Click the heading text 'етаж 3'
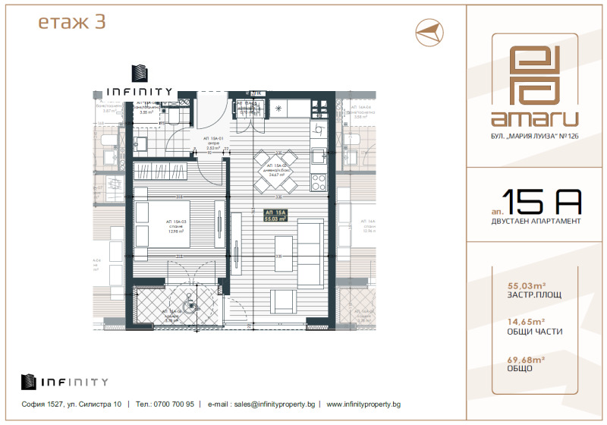(71, 23)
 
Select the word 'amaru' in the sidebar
(534, 118)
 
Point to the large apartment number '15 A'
(543, 201)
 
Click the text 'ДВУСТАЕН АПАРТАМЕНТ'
(536, 221)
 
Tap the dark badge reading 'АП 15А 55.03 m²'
(275, 216)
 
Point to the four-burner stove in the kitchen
(319, 182)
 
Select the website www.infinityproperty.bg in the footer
(363, 405)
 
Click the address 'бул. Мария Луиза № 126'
(534, 137)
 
